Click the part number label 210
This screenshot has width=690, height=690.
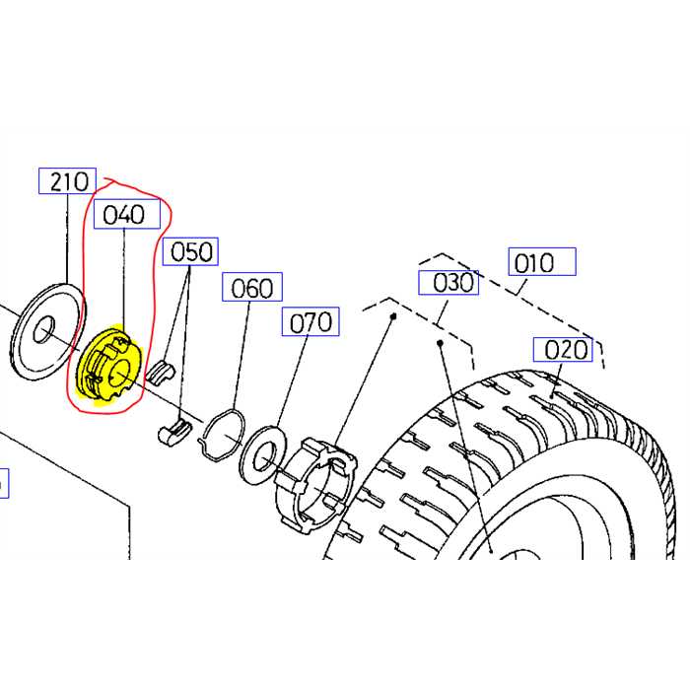click(x=66, y=181)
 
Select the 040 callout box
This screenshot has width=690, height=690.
click(x=125, y=215)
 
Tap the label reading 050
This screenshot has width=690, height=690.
click(x=191, y=252)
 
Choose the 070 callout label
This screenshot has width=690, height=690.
click(x=310, y=321)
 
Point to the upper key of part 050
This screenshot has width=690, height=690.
click(x=164, y=371)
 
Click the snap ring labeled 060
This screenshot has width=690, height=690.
click(x=224, y=435)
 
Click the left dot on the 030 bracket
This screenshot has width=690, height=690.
click(x=392, y=316)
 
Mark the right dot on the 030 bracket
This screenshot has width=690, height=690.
click(x=439, y=343)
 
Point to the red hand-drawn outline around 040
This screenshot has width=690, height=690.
click(x=161, y=227)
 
